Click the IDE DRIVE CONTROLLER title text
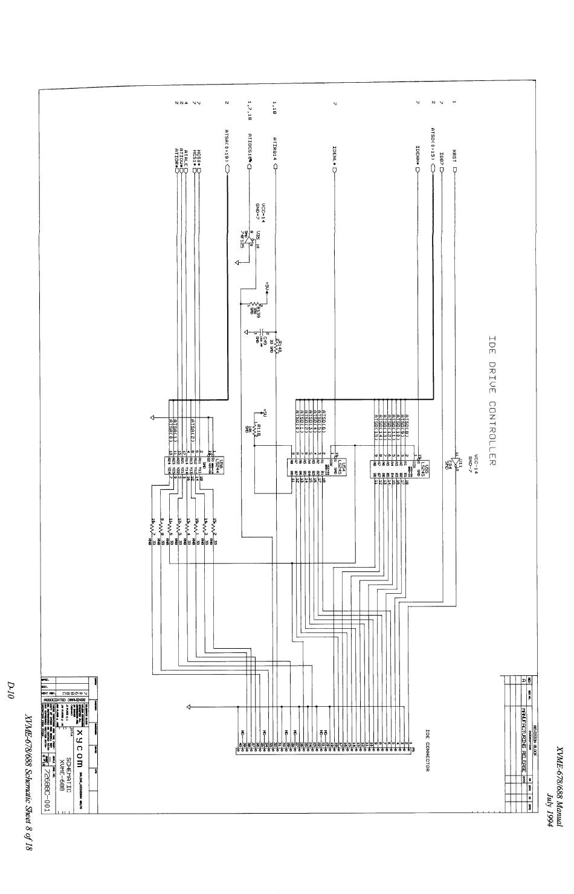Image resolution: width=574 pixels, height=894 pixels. pos(492,400)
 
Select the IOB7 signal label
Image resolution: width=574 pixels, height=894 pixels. pos(442,158)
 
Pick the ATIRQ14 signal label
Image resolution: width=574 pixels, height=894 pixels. pos(275,147)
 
